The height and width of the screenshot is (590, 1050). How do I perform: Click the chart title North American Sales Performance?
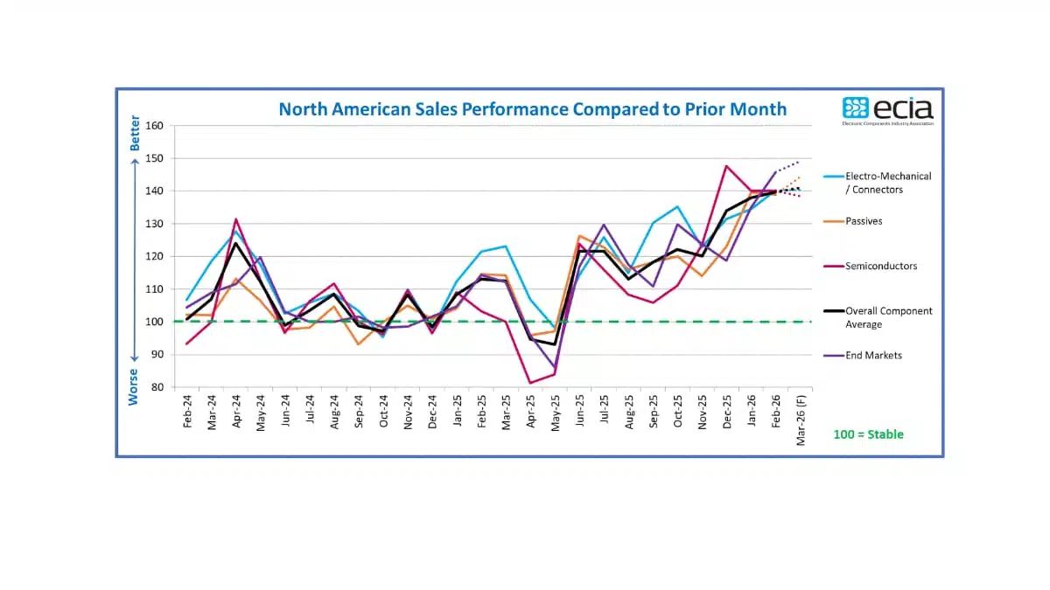click(x=532, y=109)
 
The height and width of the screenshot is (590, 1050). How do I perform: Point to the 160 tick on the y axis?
click(x=154, y=126)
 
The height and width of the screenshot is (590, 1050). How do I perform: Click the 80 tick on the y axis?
click(x=157, y=387)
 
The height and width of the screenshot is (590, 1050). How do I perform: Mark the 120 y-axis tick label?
click(x=154, y=256)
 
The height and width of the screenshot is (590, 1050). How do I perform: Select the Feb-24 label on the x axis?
click(x=187, y=411)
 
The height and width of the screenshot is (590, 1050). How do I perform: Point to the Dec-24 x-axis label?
click(x=432, y=411)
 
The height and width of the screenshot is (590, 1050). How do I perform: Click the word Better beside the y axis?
click(x=135, y=134)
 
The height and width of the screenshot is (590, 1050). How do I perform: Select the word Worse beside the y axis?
click(x=135, y=386)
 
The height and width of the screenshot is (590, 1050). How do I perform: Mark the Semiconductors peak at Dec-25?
click(x=726, y=166)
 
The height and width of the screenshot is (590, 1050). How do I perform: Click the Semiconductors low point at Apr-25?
click(x=530, y=382)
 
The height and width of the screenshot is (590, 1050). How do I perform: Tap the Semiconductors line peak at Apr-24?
click(x=236, y=219)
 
